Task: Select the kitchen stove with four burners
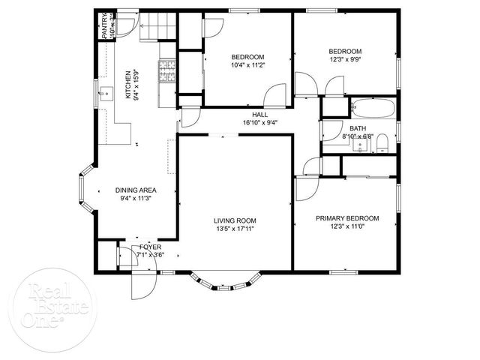point(165,70)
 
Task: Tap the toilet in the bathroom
point(382,142)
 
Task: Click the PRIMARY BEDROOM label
point(346,218)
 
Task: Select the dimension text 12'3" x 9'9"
point(346,59)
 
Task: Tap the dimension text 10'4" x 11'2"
point(247,65)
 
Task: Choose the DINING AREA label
point(136,190)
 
